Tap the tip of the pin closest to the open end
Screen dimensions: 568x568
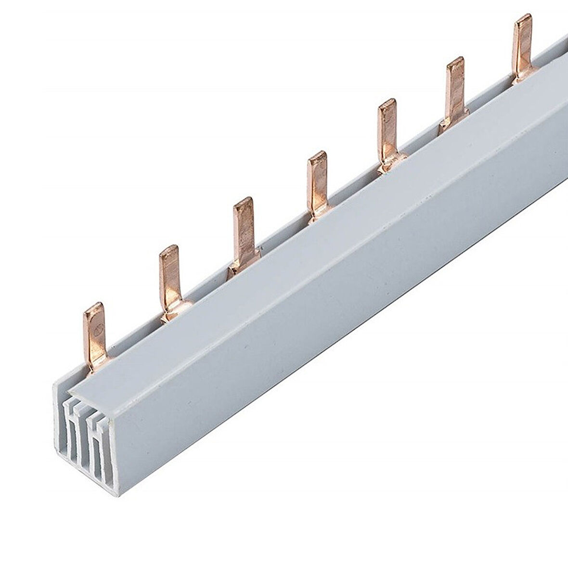(93, 307)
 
